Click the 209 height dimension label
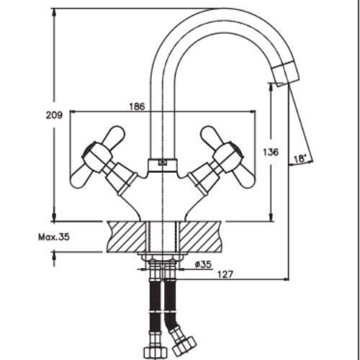click(x=54, y=115)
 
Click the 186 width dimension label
click(x=138, y=107)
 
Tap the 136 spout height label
click(x=271, y=152)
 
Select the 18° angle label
click(x=300, y=158)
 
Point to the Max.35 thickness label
click(x=54, y=237)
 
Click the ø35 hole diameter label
click(x=203, y=264)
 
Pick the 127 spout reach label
click(x=225, y=274)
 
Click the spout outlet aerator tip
click(x=286, y=73)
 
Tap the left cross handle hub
click(x=96, y=157)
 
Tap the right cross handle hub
click(x=228, y=157)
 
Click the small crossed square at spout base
click(x=163, y=163)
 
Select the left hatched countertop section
click(x=127, y=237)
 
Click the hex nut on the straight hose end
click(x=156, y=353)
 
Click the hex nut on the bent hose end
click(x=184, y=346)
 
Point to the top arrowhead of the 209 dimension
click(x=54, y=12)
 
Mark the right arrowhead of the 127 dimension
click(x=286, y=279)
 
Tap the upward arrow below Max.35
click(x=54, y=258)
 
